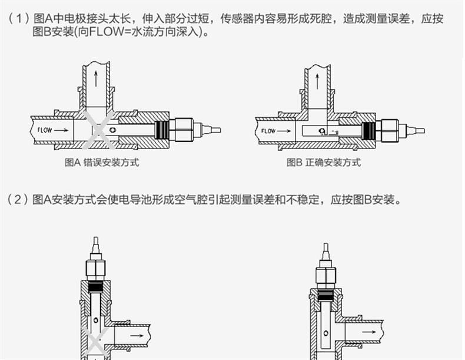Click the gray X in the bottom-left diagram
tap(94, 342)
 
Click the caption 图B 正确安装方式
tap(324, 162)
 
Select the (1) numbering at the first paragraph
tap(18, 19)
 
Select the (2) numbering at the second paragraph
tap(18, 200)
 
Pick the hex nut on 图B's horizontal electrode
tap(388, 130)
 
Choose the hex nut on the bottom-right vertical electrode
tap(325, 275)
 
